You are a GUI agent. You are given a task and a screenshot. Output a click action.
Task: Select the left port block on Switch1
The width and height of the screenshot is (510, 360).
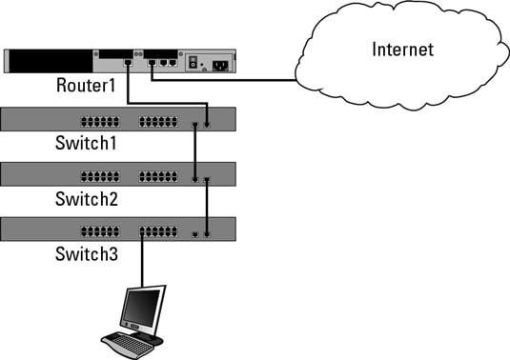pyautogui.click(x=100, y=122)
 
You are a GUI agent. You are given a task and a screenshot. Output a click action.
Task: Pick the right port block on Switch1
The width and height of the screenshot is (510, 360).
pyautogui.click(x=158, y=122)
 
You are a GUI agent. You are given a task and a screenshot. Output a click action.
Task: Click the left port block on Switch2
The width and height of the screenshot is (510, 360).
pyautogui.click(x=100, y=177)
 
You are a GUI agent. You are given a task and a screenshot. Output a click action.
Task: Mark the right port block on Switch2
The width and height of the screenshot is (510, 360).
pyautogui.click(x=158, y=177)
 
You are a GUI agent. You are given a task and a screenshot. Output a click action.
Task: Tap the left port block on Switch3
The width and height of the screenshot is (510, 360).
pyautogui.click(x=100, y=231)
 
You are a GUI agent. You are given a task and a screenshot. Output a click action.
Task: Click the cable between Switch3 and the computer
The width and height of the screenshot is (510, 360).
pyautogui.click(x=143, y=262)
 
